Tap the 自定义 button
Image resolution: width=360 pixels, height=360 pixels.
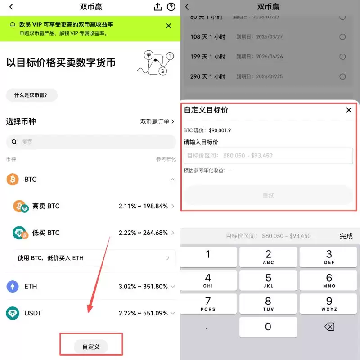91,346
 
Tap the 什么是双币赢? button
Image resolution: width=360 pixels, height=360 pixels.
31,95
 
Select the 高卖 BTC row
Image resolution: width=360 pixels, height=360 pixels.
90,206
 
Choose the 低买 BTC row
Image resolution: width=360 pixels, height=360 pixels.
90,233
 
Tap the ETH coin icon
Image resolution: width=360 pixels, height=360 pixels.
13,286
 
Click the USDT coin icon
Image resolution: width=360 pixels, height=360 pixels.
13,313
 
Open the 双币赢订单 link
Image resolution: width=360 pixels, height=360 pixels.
157,121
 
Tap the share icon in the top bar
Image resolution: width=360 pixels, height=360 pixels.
157,7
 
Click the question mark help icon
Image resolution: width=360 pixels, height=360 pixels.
171,7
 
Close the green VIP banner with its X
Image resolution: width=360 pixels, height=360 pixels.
169,26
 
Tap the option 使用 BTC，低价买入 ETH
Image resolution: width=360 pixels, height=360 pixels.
94,258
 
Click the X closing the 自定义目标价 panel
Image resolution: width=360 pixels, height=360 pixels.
349,110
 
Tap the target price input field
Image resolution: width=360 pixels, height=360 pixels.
268,156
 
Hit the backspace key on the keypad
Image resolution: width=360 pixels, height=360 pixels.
329,327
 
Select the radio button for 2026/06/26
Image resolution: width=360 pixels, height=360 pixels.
342,57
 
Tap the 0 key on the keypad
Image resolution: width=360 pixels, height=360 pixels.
268,327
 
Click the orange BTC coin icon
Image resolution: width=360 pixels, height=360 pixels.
13,179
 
